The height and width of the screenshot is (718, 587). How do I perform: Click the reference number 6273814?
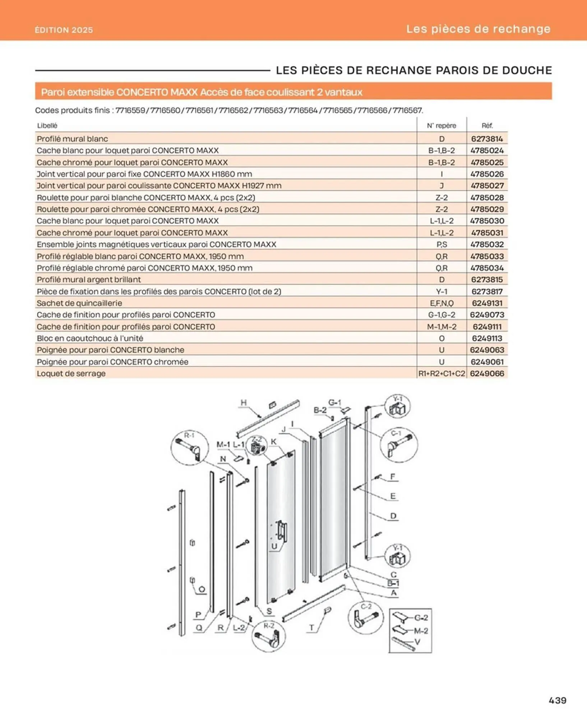[x=487, y=139]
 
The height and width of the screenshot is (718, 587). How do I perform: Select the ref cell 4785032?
[x=487, y=244]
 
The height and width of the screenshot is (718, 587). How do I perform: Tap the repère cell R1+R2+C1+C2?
[x=442, y=373]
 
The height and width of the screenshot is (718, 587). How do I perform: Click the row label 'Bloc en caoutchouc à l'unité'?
[x=90, y=338]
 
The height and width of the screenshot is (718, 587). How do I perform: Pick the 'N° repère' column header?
[x=442, y=126]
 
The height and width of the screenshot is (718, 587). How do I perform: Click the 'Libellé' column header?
[x=47, y=126]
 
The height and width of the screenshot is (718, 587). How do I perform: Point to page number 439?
[x=558, y=700]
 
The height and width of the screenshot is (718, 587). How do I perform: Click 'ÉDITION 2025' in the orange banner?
[x=64, y=30]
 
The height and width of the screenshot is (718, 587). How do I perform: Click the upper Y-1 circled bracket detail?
[x=397, y=406]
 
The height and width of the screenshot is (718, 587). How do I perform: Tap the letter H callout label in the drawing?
[x=244, y=402]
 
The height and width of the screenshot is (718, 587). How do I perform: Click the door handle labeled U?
[x=282, y=532]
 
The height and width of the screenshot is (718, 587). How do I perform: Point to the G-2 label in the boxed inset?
[x=421, y=617]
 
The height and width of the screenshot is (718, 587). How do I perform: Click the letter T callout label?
[x=312, y=628]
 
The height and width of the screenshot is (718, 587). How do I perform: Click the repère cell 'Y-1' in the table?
[x=442, y=291]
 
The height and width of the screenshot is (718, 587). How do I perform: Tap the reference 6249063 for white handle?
[x=487, y=350]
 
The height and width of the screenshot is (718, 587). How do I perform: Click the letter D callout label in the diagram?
[x=393, y=516]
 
